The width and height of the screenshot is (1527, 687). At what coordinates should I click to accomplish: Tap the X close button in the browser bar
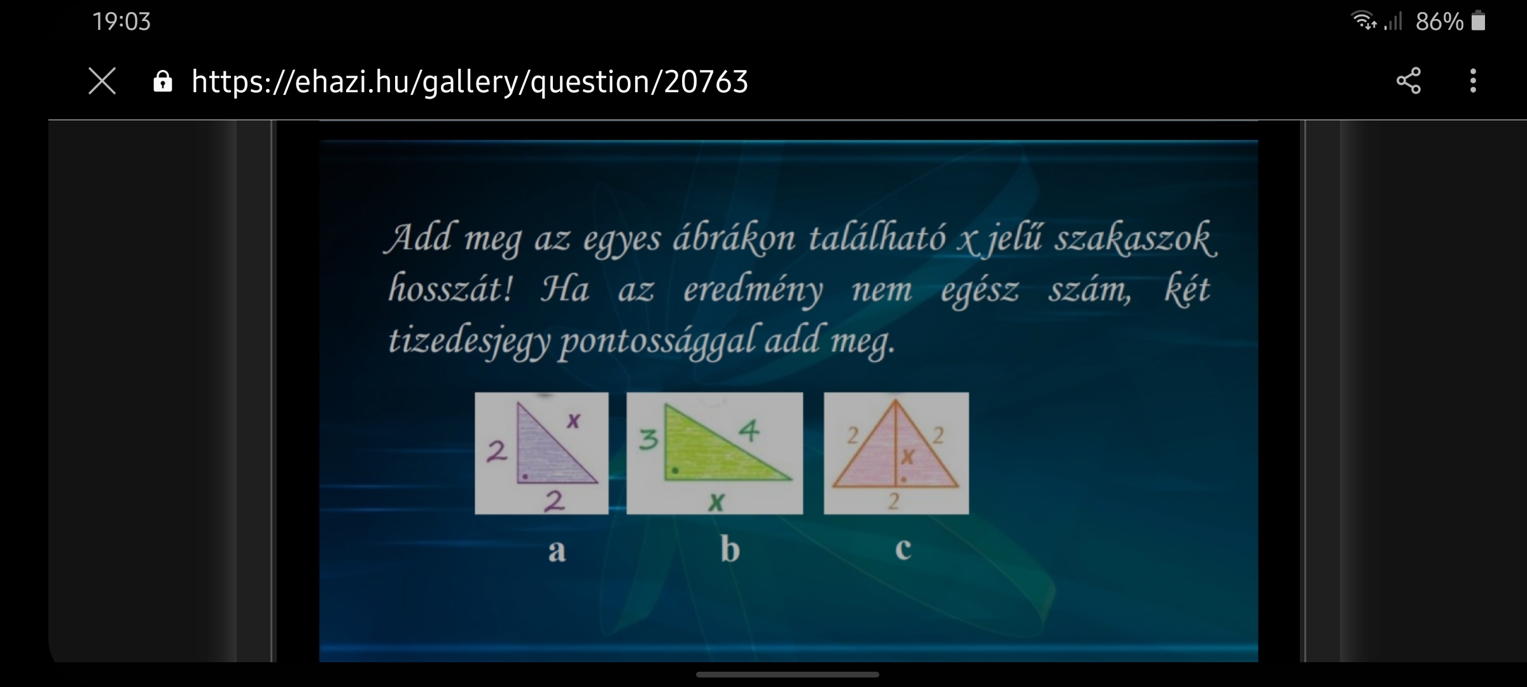coord(102,81)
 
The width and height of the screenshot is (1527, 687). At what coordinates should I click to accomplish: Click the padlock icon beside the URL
coord(163,81)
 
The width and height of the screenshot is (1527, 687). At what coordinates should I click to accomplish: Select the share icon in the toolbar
coord(1409,81)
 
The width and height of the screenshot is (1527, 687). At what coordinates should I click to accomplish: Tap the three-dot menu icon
coord(1473,81)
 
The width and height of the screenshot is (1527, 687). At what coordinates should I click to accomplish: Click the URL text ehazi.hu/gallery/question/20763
coord(470,82)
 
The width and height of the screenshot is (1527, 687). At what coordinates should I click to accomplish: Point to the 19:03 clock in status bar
coord(122,22)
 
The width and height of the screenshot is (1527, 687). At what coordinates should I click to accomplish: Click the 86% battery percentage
coord(1439,22)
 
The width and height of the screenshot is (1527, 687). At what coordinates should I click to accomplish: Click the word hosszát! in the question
coord(450,289)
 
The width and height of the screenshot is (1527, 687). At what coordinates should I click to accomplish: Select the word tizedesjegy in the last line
coord(469,340)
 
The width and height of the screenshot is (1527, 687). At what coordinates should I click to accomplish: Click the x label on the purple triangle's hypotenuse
coord(573,420)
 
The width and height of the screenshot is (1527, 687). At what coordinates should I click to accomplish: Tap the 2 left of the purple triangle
coord(496,451)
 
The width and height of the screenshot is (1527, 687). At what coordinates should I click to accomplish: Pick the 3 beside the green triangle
coord(648,440)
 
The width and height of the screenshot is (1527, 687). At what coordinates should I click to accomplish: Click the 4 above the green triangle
coord(750,431)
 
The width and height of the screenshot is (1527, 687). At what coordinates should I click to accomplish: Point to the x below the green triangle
coord(716,503)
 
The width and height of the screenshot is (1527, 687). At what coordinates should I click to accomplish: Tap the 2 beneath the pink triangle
coord(894,501)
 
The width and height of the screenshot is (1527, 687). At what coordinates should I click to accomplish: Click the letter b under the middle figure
coord(730,548)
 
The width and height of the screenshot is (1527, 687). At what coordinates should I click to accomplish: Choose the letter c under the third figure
coord(903,549)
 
